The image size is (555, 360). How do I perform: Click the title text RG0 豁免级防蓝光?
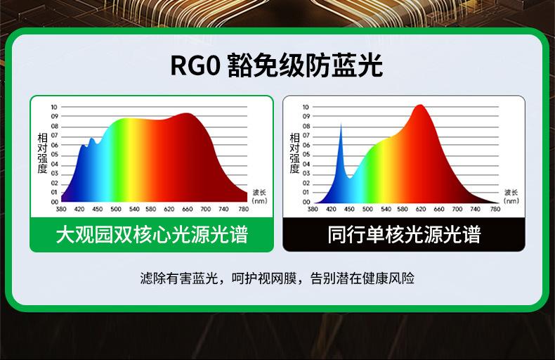(276, 65)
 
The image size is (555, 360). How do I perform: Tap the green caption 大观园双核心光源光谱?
(152, 234)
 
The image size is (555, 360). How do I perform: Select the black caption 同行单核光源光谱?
(404, 234)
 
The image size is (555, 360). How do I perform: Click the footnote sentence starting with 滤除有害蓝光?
(277, 278)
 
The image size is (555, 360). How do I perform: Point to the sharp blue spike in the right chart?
(341, 124)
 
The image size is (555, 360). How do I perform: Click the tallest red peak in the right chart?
(420, 105)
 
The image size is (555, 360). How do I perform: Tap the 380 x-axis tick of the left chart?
(61, 209)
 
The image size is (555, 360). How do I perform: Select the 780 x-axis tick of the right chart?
(495, 209)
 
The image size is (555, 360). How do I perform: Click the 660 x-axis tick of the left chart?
(188, 209)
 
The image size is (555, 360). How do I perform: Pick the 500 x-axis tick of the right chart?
(367, 209)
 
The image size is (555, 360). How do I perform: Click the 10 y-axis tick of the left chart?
(54, 107)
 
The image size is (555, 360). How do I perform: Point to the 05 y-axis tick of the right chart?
(306, 155)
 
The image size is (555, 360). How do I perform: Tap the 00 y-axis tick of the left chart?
(54, 202)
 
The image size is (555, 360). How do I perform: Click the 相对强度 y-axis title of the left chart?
(42, 153)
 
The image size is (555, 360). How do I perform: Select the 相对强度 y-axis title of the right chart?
(295, 153)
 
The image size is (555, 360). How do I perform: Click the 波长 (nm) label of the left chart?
(259, 197)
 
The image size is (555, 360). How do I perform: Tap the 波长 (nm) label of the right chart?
(511, 197)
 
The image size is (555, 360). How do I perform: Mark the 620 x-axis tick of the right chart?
(421, 209)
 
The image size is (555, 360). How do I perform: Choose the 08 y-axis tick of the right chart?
(306, 126)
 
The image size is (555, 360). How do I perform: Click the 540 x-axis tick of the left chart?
(134, 209)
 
